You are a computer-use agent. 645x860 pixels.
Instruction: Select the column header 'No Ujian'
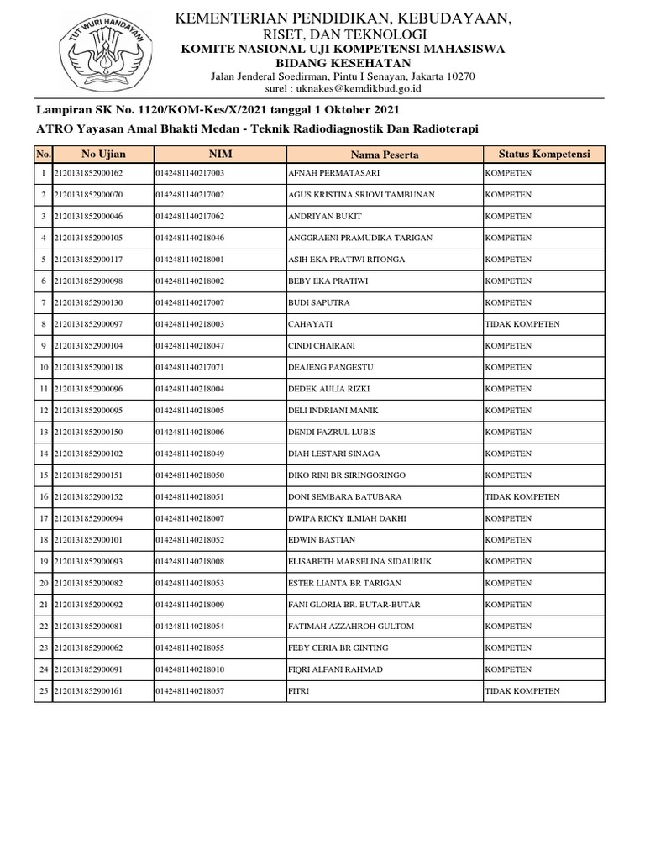(103, 154)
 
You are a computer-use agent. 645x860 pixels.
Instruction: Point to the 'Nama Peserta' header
(385, 155)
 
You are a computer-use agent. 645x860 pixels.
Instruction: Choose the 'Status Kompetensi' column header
(544, 154)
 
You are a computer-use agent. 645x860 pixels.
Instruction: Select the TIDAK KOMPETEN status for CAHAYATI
(522, 324)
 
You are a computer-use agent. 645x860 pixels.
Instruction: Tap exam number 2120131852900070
(88, 195)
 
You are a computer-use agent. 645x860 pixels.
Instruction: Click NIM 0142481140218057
(190, 691)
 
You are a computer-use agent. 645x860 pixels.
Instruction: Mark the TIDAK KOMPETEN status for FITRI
(522, 691)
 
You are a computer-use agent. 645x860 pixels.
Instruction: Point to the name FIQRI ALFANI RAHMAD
(335, 669)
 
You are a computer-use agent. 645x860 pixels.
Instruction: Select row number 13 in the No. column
(43, 432)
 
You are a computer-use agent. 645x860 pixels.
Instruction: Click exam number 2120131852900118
(88, 367)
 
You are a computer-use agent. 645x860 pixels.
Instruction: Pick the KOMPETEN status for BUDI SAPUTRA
(509, 302)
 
